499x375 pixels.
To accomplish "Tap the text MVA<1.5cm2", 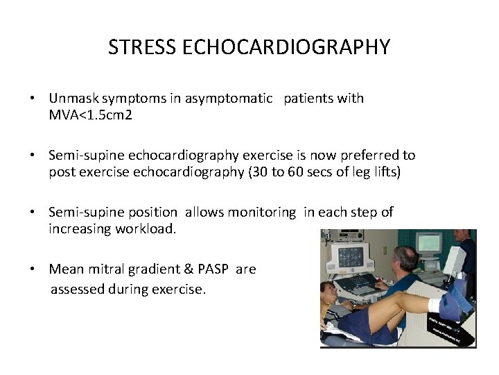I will (x=90, y=114).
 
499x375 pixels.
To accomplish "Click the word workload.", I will (x=147, y=228).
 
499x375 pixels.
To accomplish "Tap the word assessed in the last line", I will (x=76, y=288).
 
